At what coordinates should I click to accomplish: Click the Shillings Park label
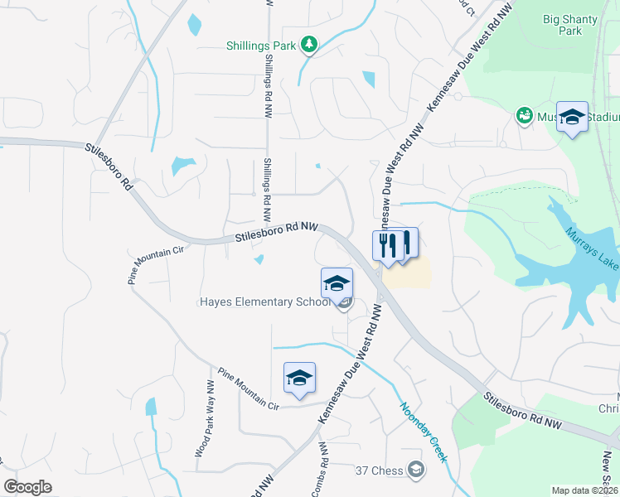[260, 46]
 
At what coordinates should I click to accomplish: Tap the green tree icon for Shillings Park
[308, 44]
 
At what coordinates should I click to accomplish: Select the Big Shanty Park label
[569, 25]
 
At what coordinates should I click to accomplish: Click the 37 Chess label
[379, 471]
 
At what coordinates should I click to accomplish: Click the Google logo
[27, 486]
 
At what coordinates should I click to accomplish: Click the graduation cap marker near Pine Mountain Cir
[299, 378]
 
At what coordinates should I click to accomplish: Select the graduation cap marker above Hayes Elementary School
[337, 282]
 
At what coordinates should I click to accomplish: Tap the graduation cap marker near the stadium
[572, 117]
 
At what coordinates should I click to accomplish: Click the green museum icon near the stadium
[524, 114]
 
